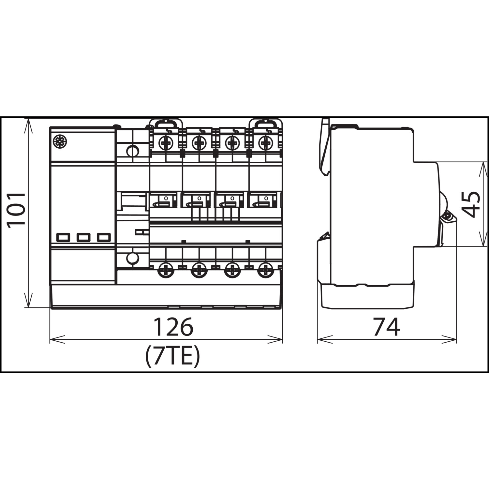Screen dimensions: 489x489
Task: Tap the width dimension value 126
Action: (173, 327)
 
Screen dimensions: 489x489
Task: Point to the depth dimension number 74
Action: (387, 327)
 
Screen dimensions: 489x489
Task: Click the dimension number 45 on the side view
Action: (472, 204)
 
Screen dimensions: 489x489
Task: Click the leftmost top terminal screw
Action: (166, 142)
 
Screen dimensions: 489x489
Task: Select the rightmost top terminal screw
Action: (266, 142)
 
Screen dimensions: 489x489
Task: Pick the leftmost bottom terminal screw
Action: (166, 270)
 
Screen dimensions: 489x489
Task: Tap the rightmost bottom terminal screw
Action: (266, 270)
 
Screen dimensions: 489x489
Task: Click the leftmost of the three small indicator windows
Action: (63, 237)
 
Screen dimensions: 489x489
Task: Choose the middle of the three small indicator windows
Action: (83, 237)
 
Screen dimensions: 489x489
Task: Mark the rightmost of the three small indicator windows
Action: (104, 237)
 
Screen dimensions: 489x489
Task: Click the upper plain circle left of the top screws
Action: (132, 151)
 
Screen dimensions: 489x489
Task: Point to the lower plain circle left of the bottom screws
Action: (132, 258)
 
